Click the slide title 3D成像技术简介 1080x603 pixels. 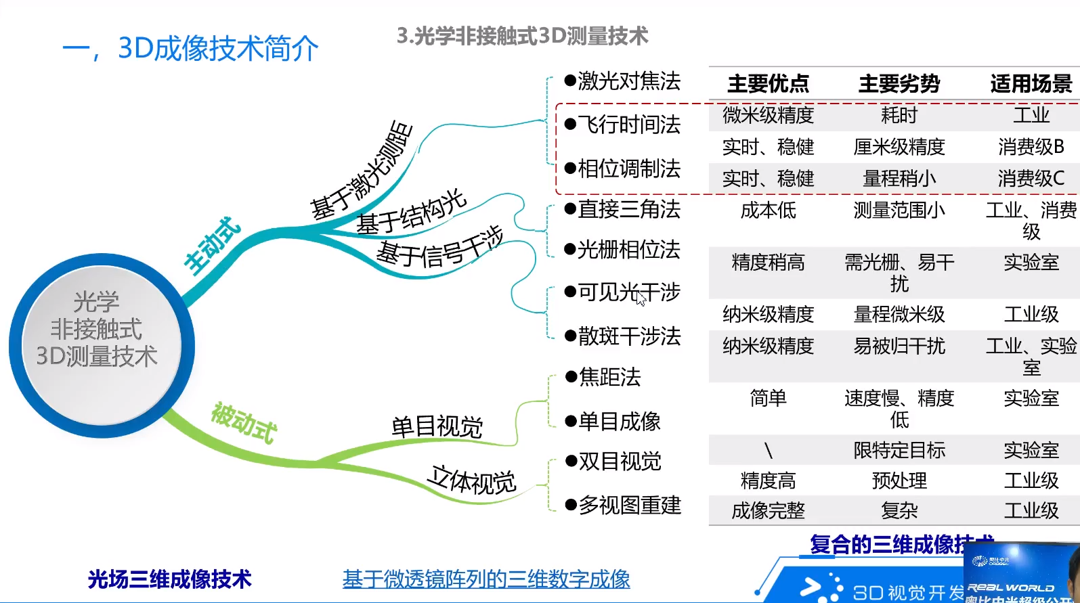click(x=190, y=49)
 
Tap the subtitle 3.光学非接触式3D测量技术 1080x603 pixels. click(x=522, y=36)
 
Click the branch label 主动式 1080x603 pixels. click(x=213, y=246)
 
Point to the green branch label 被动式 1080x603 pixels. click(x=244, y=423)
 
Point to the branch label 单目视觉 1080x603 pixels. click(x=437, y=427)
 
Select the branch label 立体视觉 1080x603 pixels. click(x=472, y=481)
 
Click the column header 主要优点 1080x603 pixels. click(x=768, y=84)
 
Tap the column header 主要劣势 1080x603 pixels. click(x=899, y=84)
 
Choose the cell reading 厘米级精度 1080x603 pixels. click(x=899, y=147)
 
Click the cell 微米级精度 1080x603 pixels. click(x=768, y=116)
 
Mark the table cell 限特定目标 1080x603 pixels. click(x=899, y=450)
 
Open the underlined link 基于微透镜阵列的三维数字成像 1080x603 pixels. click(x=486, y=579)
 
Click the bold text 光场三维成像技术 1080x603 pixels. click(x=169, y=579)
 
